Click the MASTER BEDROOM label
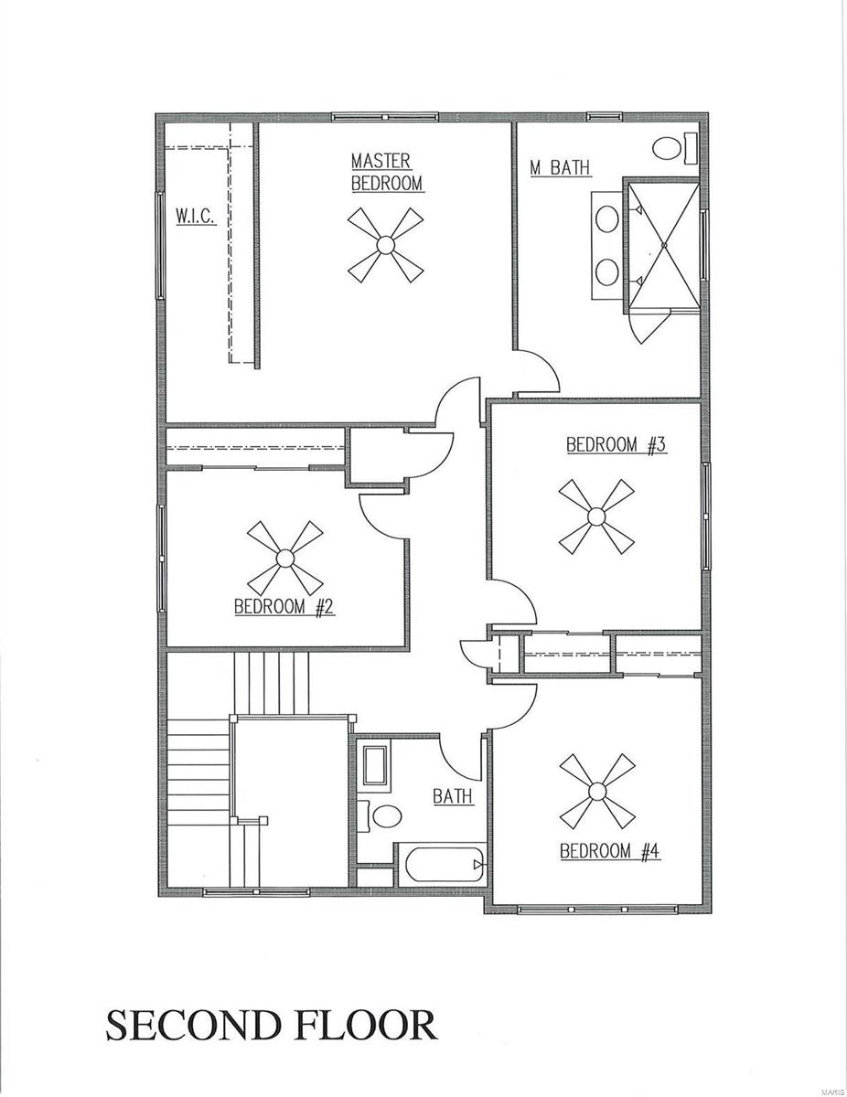tap(387, 172)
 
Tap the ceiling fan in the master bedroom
tap(385, 244)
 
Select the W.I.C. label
tap(196, 217)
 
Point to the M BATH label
tap(560, 167)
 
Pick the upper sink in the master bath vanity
tap(606, 219)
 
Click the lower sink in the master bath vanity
tap(606, 271)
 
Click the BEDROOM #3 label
tap(615, 445)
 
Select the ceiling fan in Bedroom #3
tap(597, 517)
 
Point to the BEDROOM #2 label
tap(284, 606)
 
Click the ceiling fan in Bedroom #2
tap(285, 557)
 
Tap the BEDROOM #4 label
tap(609, 851)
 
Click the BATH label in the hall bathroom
tap(453, 796)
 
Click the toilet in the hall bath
tap(380, 815)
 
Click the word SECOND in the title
tap(191, 1025)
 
